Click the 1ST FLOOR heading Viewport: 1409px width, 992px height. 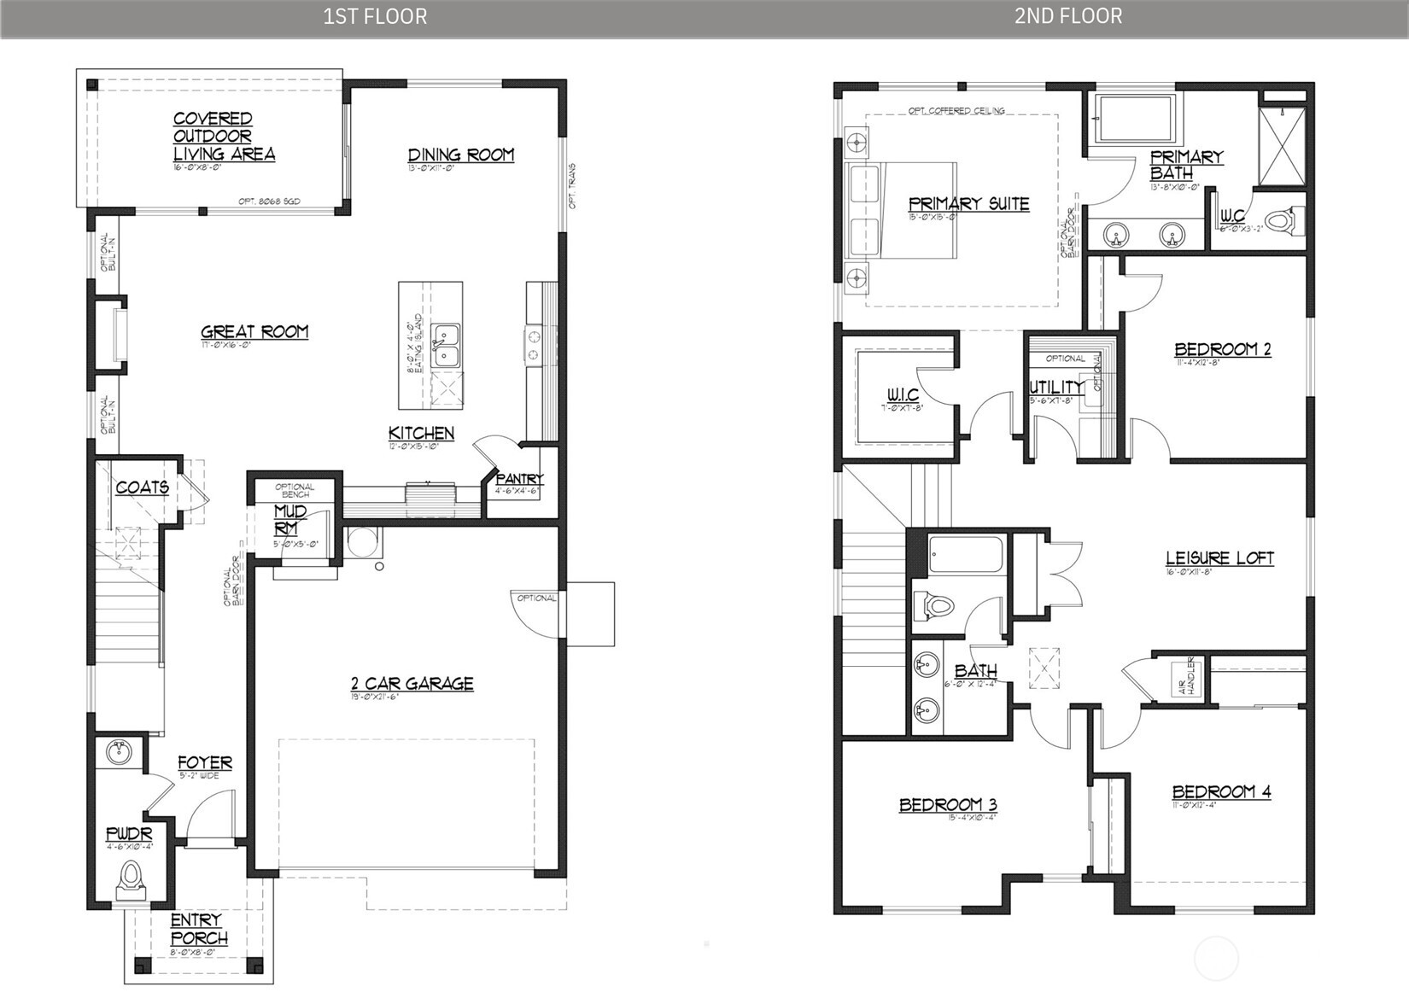[x=375, y=16]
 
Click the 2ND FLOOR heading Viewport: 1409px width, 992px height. [x=1068, y=16]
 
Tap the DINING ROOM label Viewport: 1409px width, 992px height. [x=460, y=155]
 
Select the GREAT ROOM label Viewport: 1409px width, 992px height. [x=254, y=331]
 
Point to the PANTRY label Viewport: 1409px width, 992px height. [x=518, y=479]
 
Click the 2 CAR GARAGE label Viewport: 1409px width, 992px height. [x=412, y=683]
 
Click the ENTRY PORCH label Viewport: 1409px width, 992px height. [x=199, y=929]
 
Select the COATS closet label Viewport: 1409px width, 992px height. [x=142, y=487]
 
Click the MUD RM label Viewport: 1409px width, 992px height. [x=290, y=520]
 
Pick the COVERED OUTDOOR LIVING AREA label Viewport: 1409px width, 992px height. [x=224, y=137]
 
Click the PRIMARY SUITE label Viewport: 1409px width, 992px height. [x=968, y=204]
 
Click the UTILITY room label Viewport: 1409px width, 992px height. [x=1055, y=387]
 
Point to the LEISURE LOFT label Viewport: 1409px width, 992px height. [x=1219, y=558]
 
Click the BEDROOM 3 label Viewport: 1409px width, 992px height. [x=948, y=804]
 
